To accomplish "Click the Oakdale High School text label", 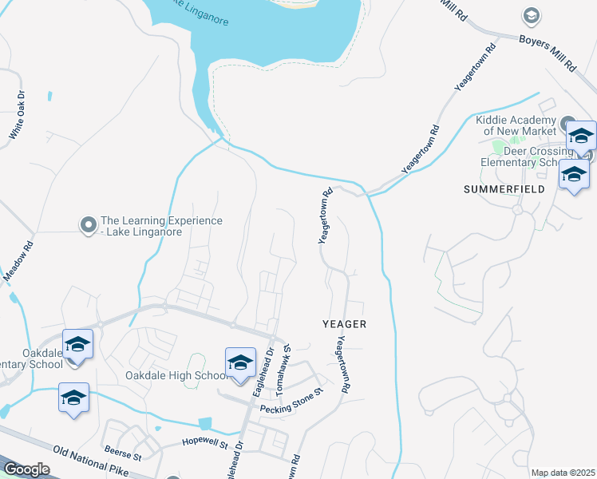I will click(176, 376).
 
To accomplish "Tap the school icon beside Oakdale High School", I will click(240, 364).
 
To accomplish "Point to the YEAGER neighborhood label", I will click(344, 324).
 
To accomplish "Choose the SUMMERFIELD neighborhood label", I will click(504, 189).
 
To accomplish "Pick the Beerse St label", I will click(122, 453).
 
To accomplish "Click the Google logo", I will click(27, 469).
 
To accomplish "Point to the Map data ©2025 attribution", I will click(563, 473).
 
